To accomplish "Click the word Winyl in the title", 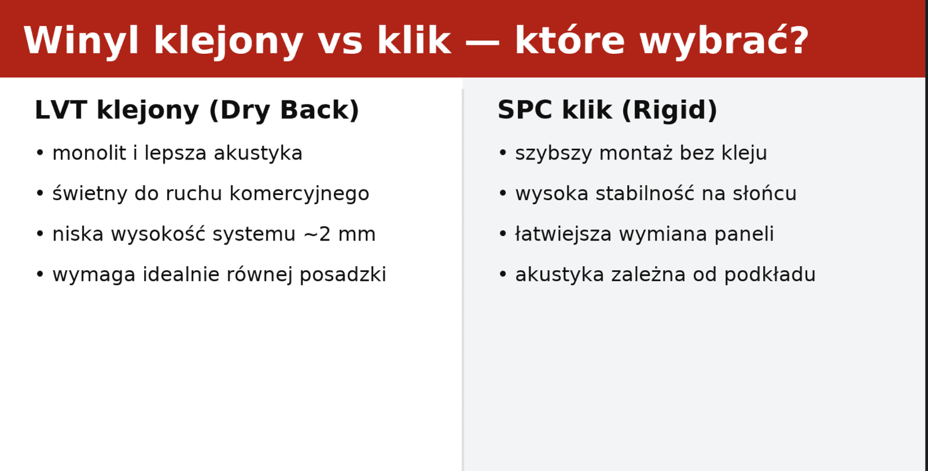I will [81, 41].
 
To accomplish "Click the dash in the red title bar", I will [482, 42].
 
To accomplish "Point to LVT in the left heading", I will [61, 110].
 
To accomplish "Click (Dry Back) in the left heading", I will [284, 110].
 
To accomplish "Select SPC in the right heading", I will [525, 110].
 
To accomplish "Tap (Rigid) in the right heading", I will [669, 110].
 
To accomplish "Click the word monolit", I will [89, 153].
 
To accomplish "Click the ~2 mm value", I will [340, 234].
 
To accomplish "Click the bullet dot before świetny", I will [40, 193].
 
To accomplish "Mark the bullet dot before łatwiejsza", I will [503, 234].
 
